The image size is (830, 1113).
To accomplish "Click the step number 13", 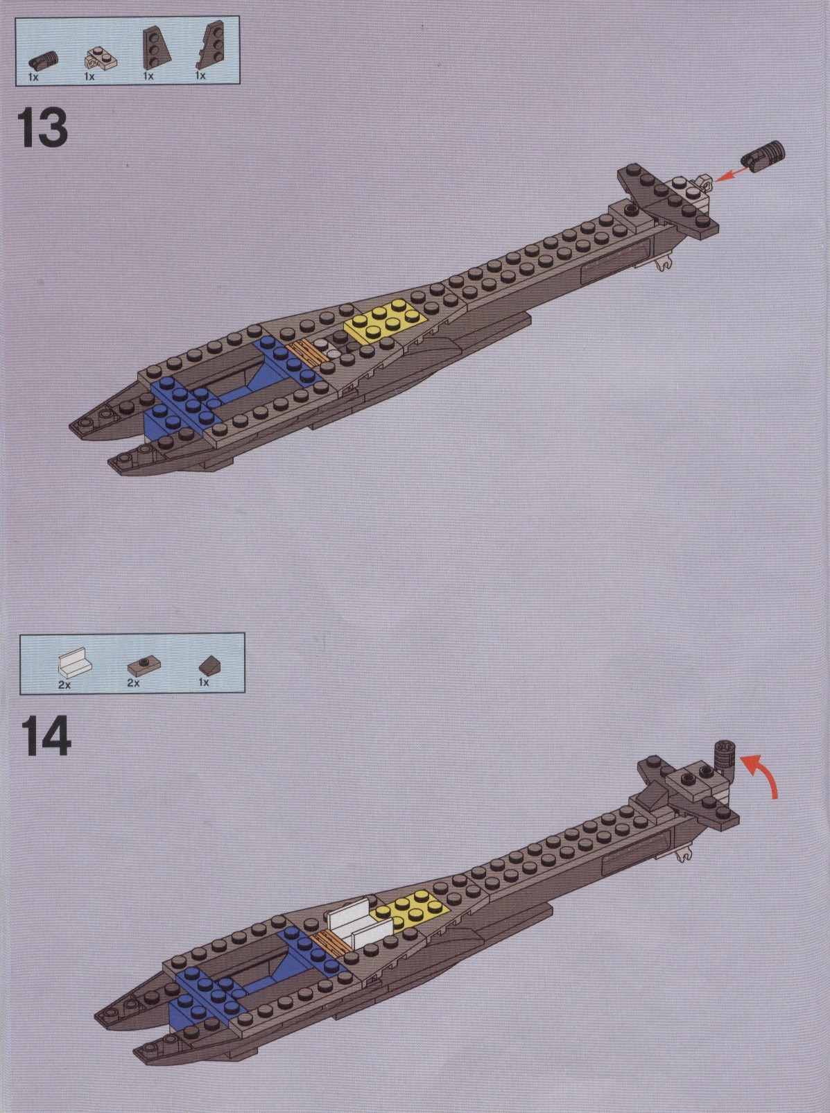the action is pyautogui.click(x=42, y=128).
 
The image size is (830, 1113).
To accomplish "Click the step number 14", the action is pyautogui.click(x=46, y=737).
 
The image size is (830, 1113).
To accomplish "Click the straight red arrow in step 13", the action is pyautogui.click(x=731, y=174).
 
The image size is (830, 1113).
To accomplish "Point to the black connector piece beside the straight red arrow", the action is pyautogui.click(x=763, y=157).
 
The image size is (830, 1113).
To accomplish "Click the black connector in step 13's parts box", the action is pyautogui.click(x=44, y=60).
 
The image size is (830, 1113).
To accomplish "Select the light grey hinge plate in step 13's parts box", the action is pyautogui.click(x=101, y=58).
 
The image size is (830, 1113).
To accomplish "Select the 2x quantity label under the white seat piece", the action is pyautogui.click(x=64, y=684).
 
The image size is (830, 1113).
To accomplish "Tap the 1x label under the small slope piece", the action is pyautogui.click(x=204, y=682).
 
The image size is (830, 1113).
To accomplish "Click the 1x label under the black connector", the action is pyautogui.click(x=33, y=77).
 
